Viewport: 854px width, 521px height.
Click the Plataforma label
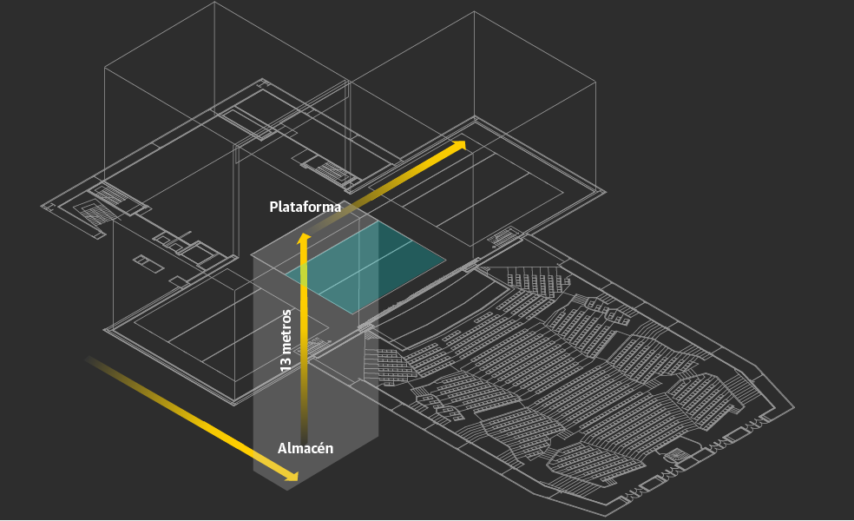pyautogui.click(x=305, y=207)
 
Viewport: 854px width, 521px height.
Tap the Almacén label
pyautogui.click(x=305, y=448)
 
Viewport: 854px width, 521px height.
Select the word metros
pyautogui.click(x=286, y=329)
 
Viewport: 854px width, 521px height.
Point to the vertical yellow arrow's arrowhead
pyautogui.click(x=304, y=239)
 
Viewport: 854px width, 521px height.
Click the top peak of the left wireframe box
pyautogui.click(x=213, y=3)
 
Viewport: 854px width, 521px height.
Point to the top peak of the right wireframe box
pyautogui.click(x=474, y=12)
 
